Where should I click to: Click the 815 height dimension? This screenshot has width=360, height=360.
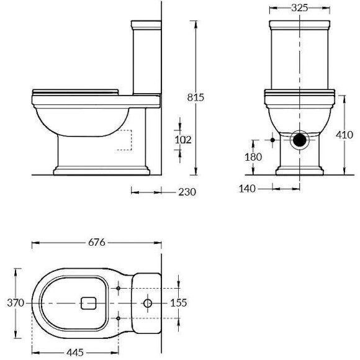click(196, 97)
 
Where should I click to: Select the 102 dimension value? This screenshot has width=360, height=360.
click(182, 140)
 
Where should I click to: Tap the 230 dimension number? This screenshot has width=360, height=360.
click(186, 192)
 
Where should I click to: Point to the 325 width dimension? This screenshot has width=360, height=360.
click(301, 8)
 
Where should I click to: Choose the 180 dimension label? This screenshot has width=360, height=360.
click(253, 157)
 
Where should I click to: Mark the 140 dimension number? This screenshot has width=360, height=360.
click(248, 187)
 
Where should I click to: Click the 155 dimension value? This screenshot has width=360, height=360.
click(179, 303)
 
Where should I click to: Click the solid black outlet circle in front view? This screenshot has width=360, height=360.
click(300, 140)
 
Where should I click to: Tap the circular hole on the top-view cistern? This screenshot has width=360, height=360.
click(147, 303)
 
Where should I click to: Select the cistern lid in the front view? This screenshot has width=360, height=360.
click(300, 25)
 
